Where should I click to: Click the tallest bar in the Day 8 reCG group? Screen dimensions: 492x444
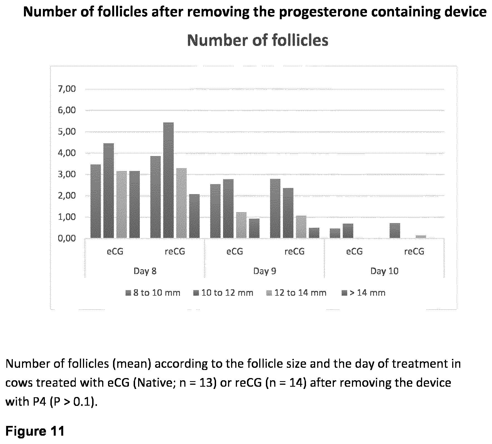tap(168, 180)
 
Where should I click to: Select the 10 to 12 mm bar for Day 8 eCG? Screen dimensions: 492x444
tap(109, 191)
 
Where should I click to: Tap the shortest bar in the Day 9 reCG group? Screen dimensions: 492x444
tap(314, 233)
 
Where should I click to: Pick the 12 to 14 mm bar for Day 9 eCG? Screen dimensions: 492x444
tap(241, 225)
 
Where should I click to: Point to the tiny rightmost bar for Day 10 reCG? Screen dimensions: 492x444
tap(421, 237)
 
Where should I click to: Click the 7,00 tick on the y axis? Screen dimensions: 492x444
tap(67, 89)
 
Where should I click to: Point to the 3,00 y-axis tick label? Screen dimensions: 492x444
tap(67, 174)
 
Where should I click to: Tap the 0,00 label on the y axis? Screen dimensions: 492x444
tap(67, 238)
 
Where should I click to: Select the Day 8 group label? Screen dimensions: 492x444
tap(145, 271)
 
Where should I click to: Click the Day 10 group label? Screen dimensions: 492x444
tap(385, 271)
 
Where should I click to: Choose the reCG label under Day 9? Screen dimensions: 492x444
tap(295, 251)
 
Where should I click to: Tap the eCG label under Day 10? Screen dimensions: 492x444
tap(354, 251)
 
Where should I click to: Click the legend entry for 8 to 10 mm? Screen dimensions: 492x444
tap(153, 293)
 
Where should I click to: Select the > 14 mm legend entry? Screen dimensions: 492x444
tap(363, 293)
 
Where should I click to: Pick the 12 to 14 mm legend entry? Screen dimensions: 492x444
tap(296, 293)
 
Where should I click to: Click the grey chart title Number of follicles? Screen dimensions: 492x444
tap(258, 40)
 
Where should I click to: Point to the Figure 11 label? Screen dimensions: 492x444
tap(35, 431)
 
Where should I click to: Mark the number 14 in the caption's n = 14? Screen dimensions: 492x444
tap(298, 383)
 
